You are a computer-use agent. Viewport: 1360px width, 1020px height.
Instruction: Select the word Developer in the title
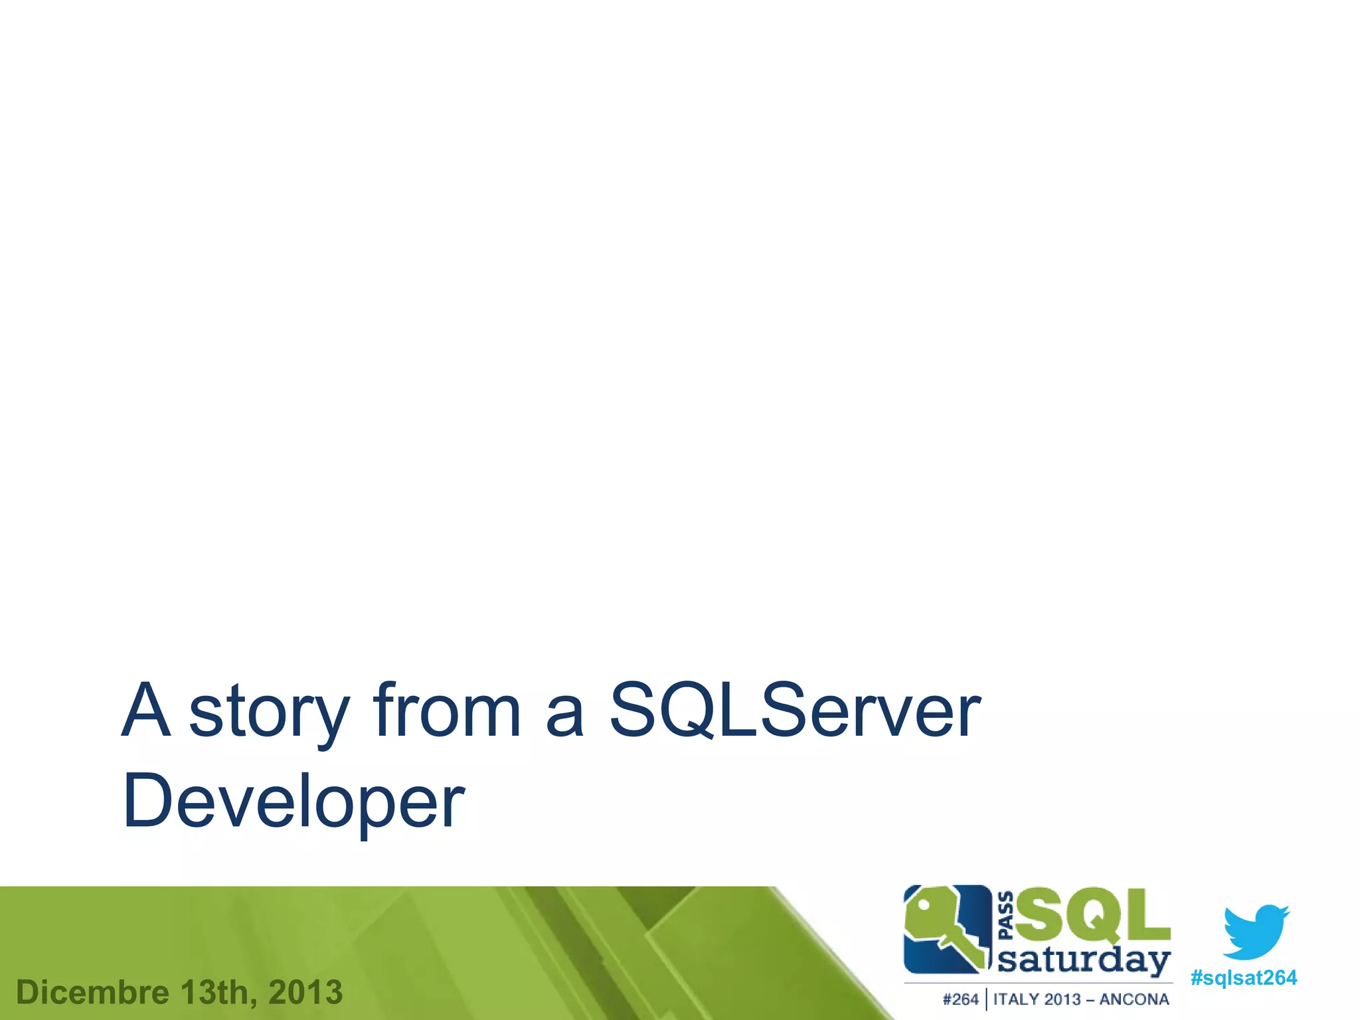[x=294, y=802]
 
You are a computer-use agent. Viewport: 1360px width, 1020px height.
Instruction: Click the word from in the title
[x=446, y=711]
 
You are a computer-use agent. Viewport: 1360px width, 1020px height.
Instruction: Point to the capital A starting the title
[x=145, y=711]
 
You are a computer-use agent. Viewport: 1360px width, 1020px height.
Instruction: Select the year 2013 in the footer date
[x=305, y=993]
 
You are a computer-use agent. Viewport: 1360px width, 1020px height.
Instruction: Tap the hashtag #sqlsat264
[x=1243, y=978]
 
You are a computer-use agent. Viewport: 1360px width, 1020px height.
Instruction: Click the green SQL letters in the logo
[x=1092, y=917]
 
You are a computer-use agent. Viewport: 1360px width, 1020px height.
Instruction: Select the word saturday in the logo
[x=1084, y=961]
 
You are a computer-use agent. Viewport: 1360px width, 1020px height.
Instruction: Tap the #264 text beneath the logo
[x=960, y=999]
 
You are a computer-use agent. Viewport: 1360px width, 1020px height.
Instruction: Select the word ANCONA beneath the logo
[x=1134, y=999]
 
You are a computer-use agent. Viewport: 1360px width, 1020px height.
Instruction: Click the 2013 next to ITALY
[x=1063, y=999]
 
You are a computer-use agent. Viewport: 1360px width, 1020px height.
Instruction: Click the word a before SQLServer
[x=564, y=716]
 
